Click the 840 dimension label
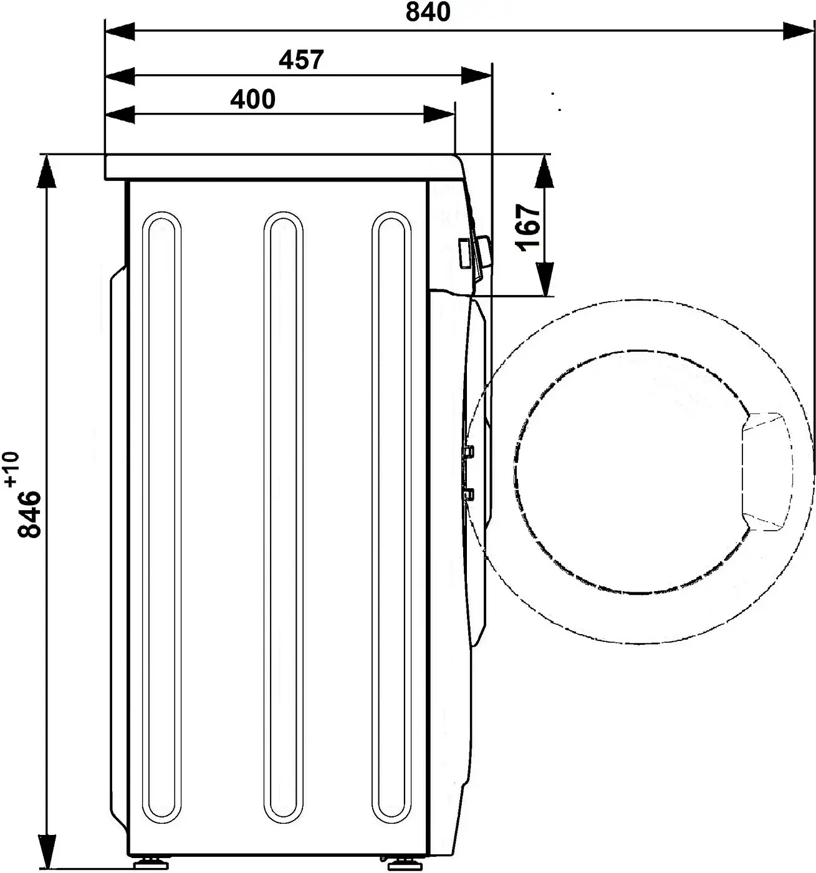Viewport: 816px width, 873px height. (x=428, y=12)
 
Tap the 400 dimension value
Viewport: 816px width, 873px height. (x=253, y=99)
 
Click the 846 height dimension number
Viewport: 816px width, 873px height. (x=30, y=514)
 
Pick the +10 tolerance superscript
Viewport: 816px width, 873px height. (x=12, y=469)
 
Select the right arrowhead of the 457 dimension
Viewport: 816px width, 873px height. (x=476, y=76)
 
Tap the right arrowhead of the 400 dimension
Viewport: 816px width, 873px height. (x=439, y=115)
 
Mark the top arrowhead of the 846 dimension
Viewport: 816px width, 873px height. (x=47, y=172)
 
